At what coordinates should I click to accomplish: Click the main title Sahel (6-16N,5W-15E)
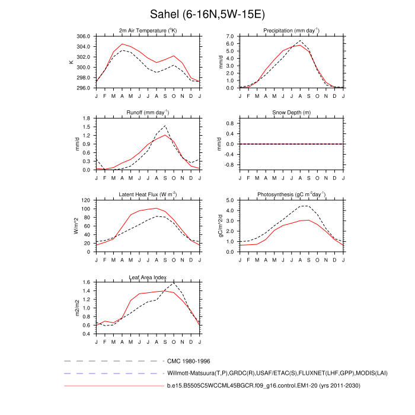(207, 14)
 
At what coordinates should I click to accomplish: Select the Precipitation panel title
(291, 30)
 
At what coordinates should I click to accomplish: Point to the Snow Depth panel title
(291, 112)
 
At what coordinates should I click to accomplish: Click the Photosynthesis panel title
(291, 194)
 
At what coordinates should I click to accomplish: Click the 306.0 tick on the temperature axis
(82, 36)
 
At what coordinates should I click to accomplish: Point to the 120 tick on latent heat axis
(85, 200)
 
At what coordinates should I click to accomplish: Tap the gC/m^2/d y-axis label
(221, 226)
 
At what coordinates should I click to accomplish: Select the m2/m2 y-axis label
(76, 308)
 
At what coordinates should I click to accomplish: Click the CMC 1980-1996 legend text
(189, 361)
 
